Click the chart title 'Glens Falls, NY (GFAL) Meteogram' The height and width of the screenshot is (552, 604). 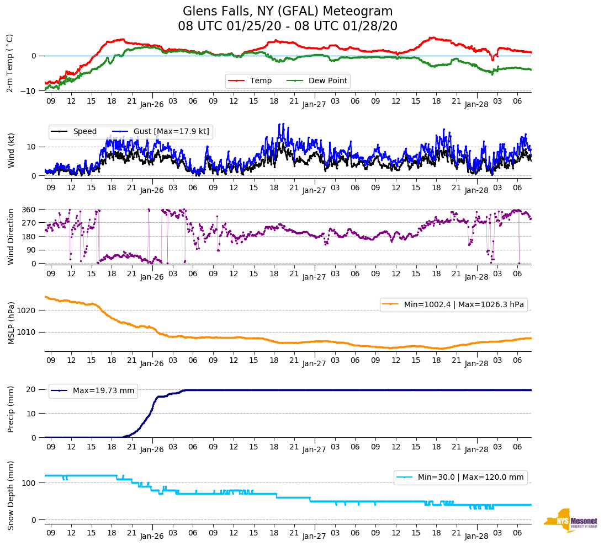click(x=288, y=12)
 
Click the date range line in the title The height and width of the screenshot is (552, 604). click(x=288, y=26)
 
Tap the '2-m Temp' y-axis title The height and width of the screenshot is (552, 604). click(x=10, y=63)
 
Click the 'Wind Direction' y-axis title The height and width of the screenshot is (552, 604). click(x=10, y=237)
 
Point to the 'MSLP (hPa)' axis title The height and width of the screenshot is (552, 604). click(x=10, y=323)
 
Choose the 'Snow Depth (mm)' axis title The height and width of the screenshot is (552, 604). click(x=10, y=495)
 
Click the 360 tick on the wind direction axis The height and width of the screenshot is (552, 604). click(x=30, y=210)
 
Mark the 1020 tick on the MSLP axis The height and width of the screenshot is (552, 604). click(x=28, y=310)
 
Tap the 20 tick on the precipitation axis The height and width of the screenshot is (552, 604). click(x=32, y=389)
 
